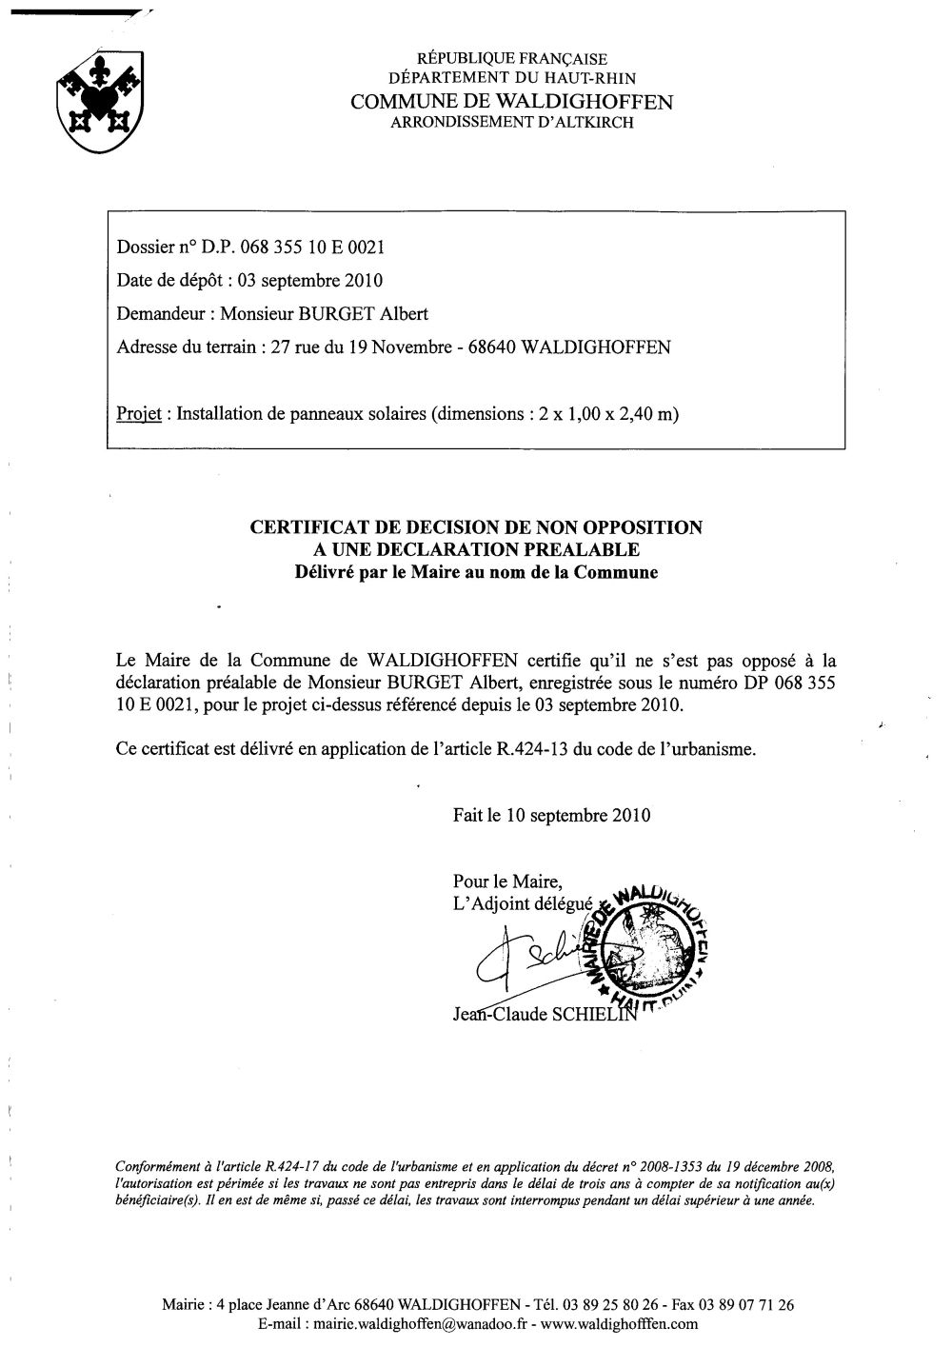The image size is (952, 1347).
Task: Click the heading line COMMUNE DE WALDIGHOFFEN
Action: click(x=511, y=102)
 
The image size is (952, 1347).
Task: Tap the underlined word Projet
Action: click(x=137, y=414)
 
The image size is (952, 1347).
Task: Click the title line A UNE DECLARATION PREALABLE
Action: click(x=476, y=549)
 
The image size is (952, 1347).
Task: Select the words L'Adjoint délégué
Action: click(x=523, y=904)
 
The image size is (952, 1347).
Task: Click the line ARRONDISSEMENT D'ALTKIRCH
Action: click(x=511, y=122)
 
